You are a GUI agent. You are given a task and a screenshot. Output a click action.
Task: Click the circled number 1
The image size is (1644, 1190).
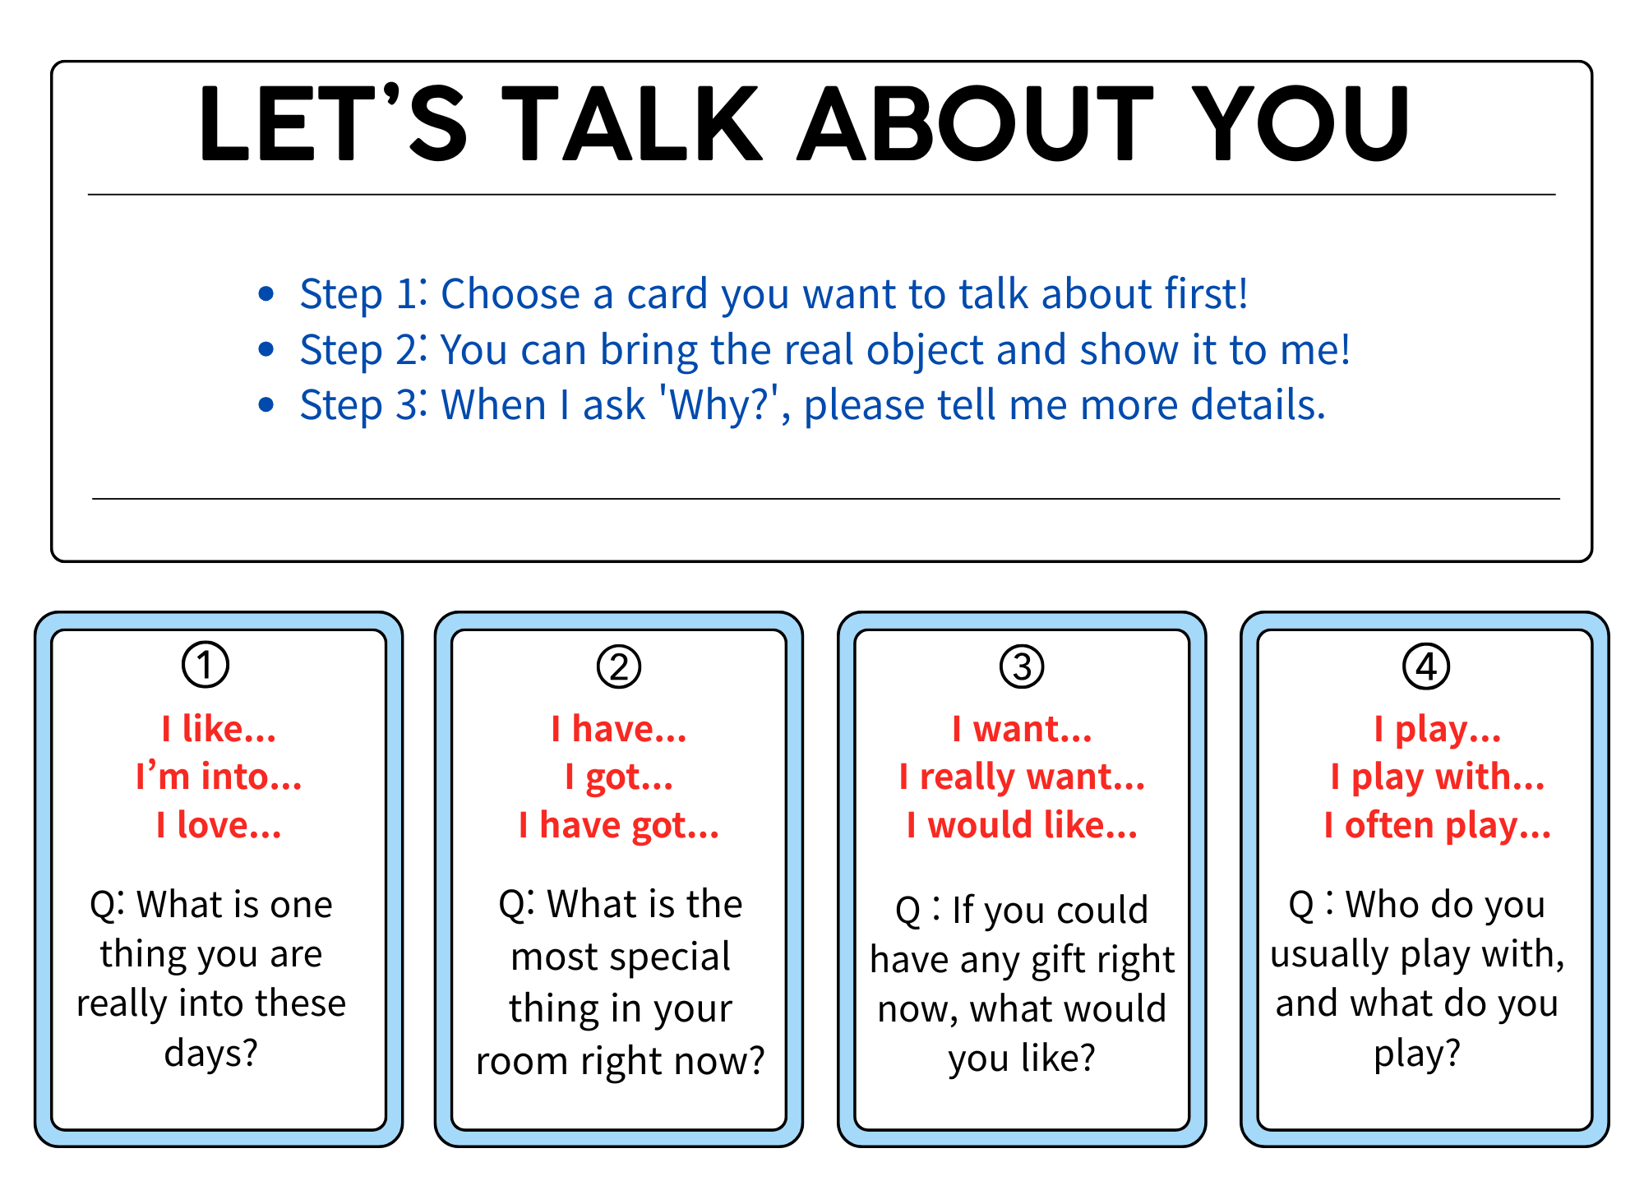pyautogui.click(x=205, y=665)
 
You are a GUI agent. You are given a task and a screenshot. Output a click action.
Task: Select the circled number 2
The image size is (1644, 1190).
pyautogui.click(x=619, y=666)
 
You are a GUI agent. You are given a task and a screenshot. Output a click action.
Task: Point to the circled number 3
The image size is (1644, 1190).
pyautogui.click(x=1022, y=666)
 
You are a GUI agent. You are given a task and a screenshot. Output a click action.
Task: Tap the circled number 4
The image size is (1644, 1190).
pyautogui.click(x=1426, y=666)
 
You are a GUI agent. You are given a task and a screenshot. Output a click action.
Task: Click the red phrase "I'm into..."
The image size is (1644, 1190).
pyautogui.click(x=219, y=777)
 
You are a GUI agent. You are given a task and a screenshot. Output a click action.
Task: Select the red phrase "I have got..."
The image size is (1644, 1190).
pyautogui.click(x=619, y=825)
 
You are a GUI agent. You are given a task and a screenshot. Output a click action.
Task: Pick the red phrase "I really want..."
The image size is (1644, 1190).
pyautogui.click(x=1022, y=777)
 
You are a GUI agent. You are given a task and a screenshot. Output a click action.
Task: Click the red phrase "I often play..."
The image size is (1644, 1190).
pyautogui.click(x=1437, y=825)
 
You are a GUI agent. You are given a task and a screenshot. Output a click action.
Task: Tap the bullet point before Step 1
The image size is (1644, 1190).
pyautogui.click(x=266, y=293)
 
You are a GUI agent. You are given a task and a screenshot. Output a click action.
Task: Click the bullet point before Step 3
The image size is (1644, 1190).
pyautogui.click(x=266, y=404)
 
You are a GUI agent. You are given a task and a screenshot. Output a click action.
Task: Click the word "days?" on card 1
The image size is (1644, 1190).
pyautogui.click(x=211, y=1054)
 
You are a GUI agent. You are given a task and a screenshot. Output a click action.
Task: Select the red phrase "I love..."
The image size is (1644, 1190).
pyautogui.click(x=219, y=825)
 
